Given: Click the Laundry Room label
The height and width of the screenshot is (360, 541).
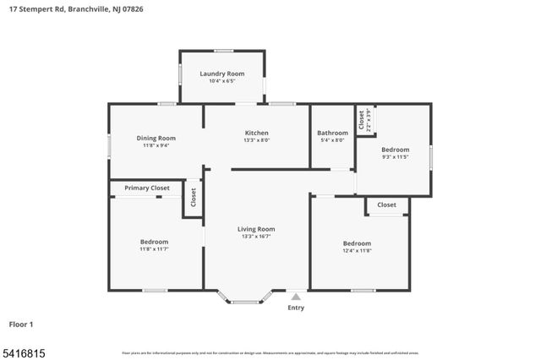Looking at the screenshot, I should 221,74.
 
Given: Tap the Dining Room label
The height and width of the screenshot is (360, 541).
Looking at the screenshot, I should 156,138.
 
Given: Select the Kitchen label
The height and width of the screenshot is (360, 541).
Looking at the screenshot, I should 256,133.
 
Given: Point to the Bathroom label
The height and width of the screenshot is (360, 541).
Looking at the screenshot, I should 332,133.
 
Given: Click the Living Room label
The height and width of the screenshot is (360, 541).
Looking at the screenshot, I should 255,228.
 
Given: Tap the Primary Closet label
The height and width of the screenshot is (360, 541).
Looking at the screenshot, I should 147,188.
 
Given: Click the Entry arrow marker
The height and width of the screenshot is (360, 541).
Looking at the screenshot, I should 295,297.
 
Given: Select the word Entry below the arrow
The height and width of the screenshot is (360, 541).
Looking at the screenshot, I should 295,308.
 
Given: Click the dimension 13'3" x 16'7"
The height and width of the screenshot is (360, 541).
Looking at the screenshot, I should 255,237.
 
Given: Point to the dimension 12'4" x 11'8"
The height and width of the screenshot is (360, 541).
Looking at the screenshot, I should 357,250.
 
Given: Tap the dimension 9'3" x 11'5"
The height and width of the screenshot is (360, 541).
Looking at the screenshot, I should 395,156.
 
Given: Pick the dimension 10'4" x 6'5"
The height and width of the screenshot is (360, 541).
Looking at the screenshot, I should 221,81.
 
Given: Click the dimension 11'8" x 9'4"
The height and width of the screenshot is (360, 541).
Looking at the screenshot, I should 156,145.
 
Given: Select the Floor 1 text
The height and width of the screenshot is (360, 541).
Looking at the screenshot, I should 21,324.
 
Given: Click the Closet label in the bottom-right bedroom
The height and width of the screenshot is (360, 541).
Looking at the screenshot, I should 386,205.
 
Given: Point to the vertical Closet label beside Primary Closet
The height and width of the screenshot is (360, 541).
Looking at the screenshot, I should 193,198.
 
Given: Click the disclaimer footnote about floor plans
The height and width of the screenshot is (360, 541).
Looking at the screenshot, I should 270,352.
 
